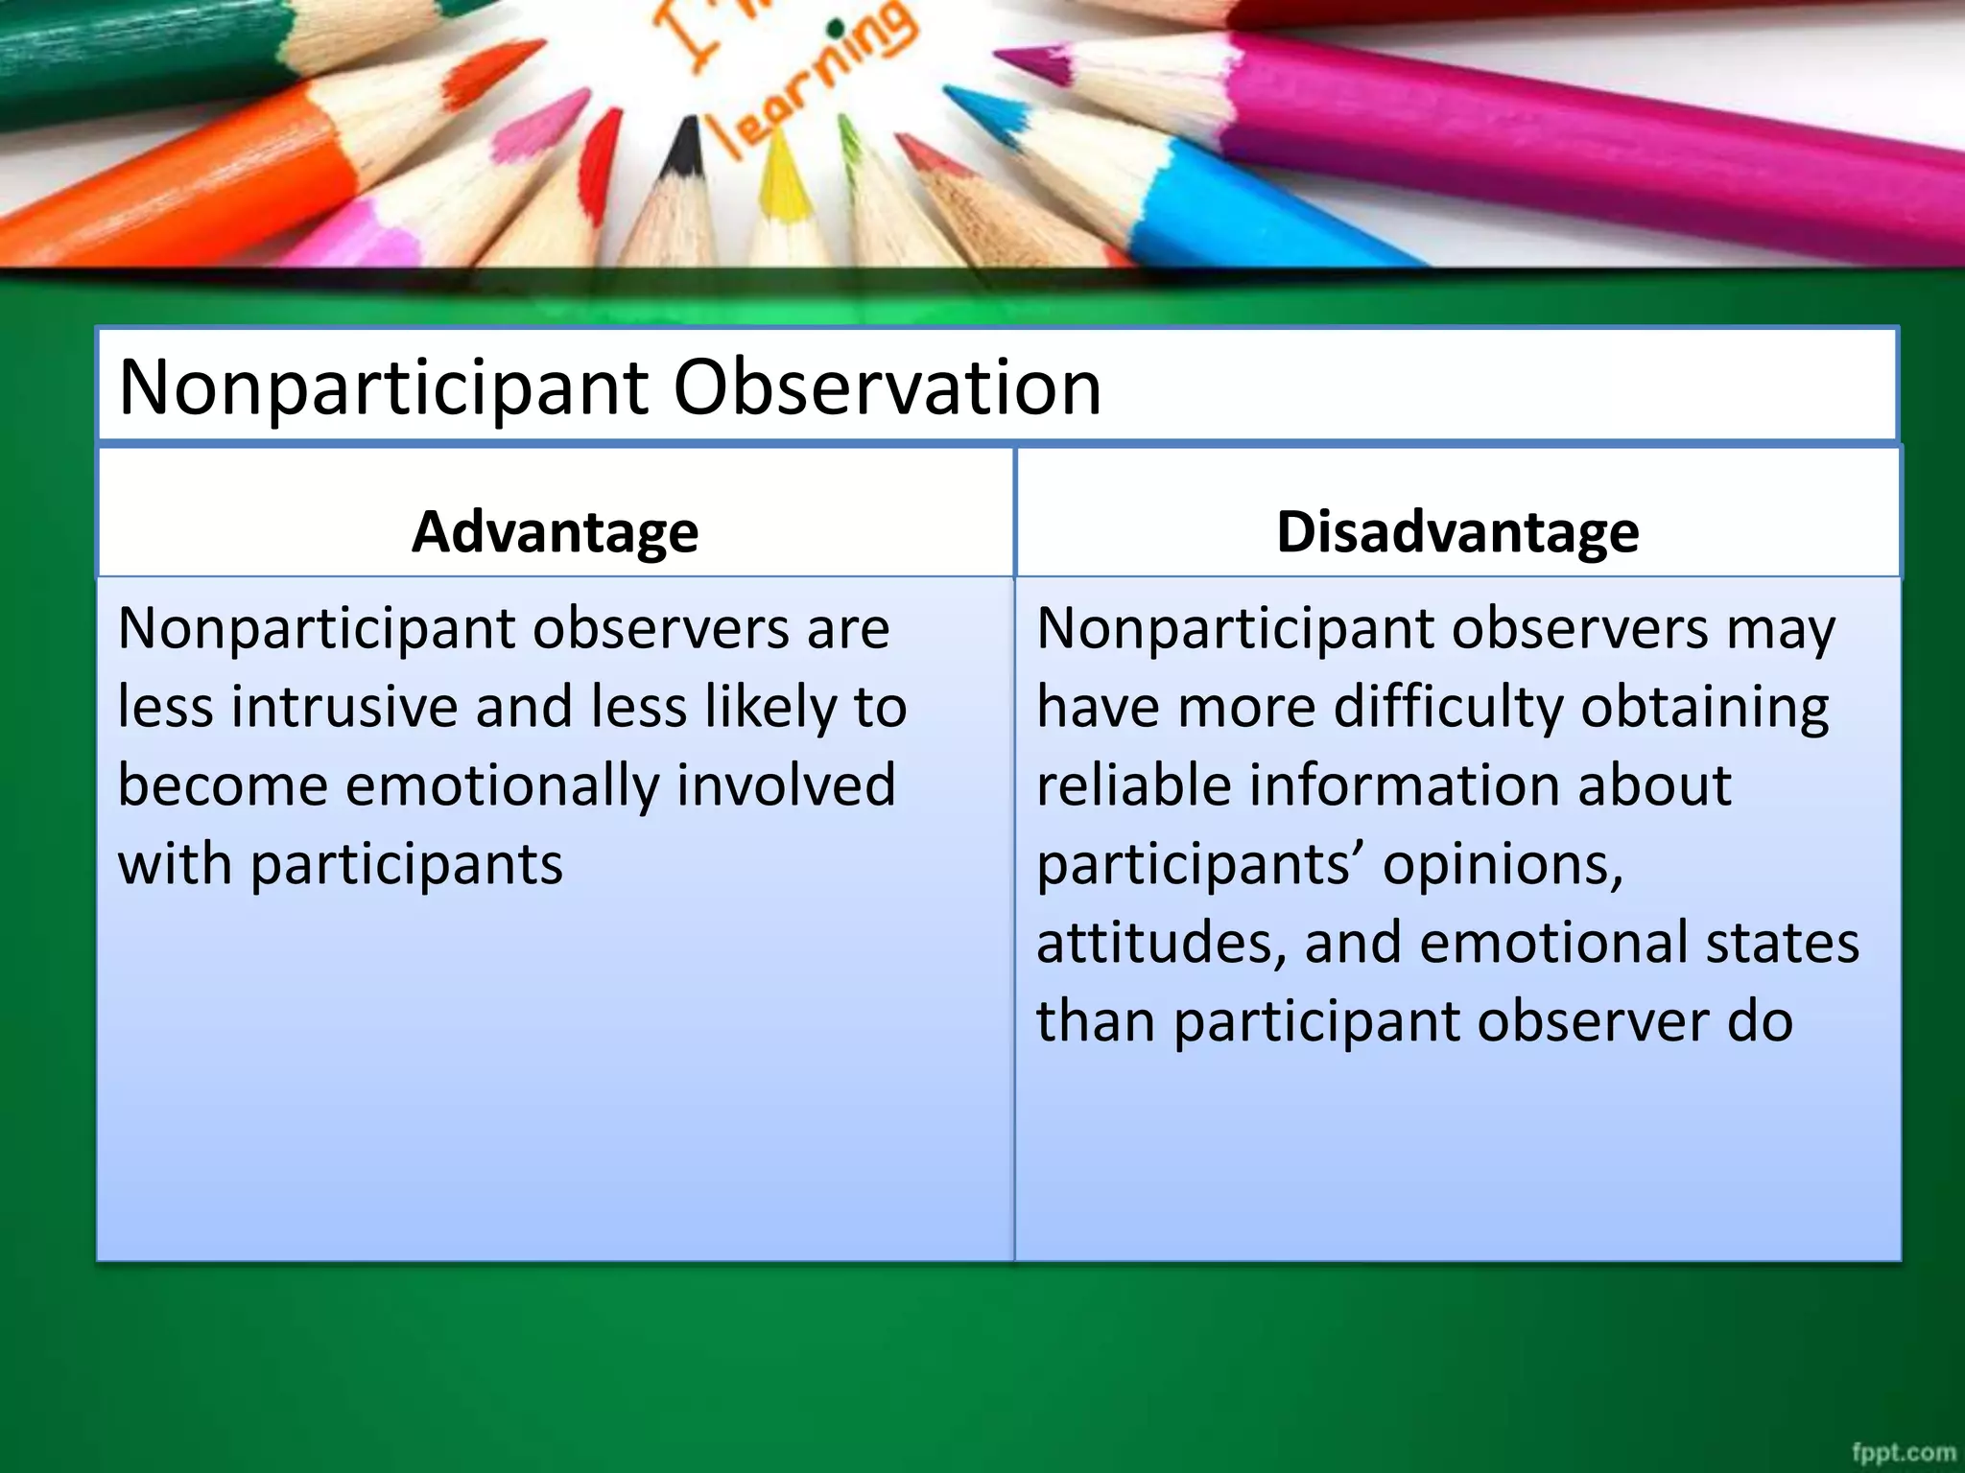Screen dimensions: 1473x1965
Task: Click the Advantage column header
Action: [555, 532]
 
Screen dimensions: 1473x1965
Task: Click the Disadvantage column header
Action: [1456, 532]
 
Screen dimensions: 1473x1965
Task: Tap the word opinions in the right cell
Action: [1502, 865]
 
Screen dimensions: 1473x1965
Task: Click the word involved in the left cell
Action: [786, 786]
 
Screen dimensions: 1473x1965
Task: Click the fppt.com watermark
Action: [1903, 1452]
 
